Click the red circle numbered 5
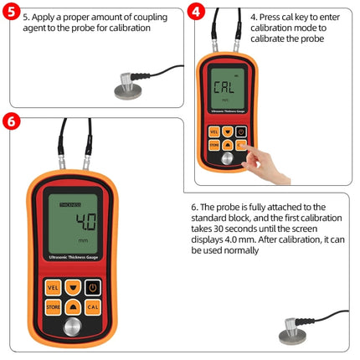coord(12,13)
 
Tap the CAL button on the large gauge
coord(94,308)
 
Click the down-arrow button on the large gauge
coord(71,287)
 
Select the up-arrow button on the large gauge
coord(71,308)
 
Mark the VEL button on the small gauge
coord(213,131)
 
